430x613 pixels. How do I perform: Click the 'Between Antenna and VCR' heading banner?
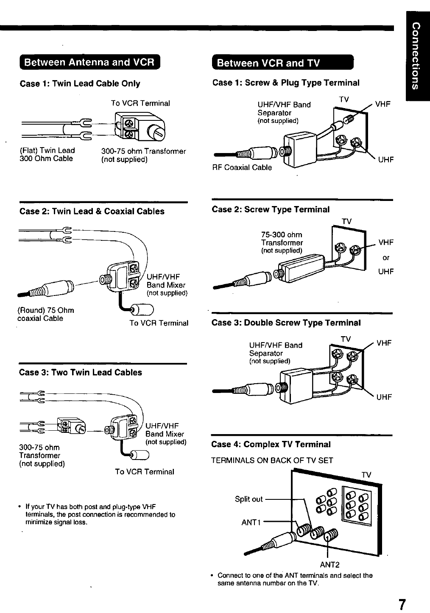(89, 62)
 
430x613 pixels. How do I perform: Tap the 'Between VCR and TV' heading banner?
(282, 63)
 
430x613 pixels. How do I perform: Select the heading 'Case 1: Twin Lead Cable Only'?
(80, 84)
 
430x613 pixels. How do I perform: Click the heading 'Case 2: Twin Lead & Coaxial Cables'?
(92, 211)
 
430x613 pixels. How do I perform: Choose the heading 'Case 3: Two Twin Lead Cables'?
(81, 372)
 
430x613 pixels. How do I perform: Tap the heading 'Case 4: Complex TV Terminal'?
(271, 444)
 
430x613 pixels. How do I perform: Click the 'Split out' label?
(249, 499)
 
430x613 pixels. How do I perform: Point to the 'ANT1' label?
(251, 522)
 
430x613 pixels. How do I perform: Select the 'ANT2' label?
(329, 565)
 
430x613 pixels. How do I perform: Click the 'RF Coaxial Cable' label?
(242, 167)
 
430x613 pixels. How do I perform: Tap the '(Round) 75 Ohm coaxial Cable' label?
(46, 314)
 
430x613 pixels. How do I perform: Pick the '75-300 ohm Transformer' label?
(282, 239)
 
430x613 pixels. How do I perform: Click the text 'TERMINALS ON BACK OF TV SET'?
(272, 460)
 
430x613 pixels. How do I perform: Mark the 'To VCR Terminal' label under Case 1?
(140, 103)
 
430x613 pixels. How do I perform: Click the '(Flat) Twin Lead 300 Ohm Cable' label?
(47, 154)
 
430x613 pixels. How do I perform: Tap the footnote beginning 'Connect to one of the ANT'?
(295, 579)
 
